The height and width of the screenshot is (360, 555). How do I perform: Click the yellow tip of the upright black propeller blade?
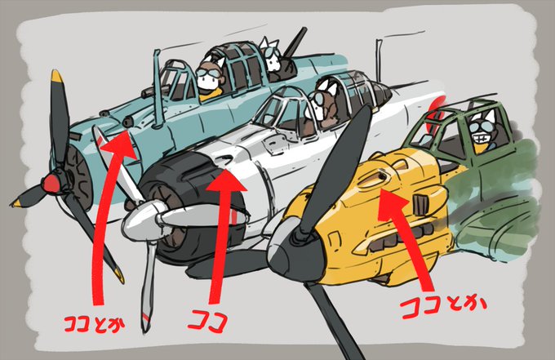pyautogui.click(x=56, y=79)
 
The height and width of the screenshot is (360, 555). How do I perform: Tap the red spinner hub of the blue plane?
pyautogui.click(x=51, y=180)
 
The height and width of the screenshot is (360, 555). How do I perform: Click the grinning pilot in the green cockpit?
pyautogui.click(x=482, y=135)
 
